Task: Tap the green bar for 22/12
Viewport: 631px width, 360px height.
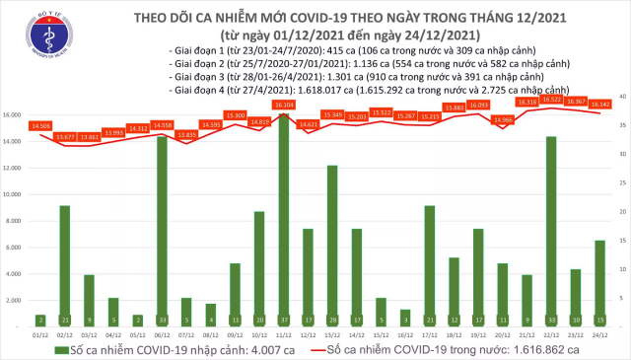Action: [x=551, y=227]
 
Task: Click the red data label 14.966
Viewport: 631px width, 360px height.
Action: [x=503, y=119]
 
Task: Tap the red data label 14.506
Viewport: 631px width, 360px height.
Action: [x=41, y=125]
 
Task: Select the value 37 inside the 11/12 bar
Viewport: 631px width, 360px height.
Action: [x=284, y=320]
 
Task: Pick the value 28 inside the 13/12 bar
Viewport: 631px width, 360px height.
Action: [x=332, y=320]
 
